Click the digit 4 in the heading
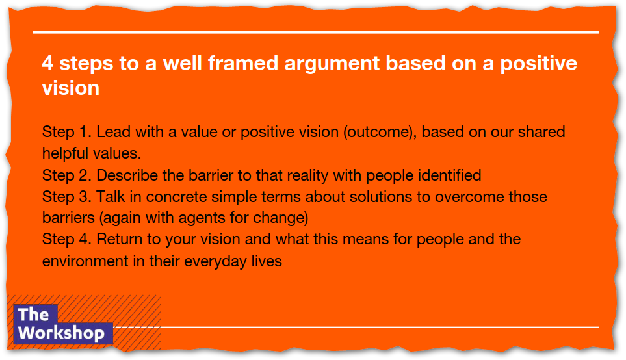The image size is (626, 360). [47, 63]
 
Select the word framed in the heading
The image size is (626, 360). [242, 63]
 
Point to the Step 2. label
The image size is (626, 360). [67, 175]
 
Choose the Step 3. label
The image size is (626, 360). [67, 197]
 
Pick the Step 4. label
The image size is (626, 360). [67, 240]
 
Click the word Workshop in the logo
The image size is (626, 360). [61, 333]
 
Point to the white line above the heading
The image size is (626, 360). [316, 32]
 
